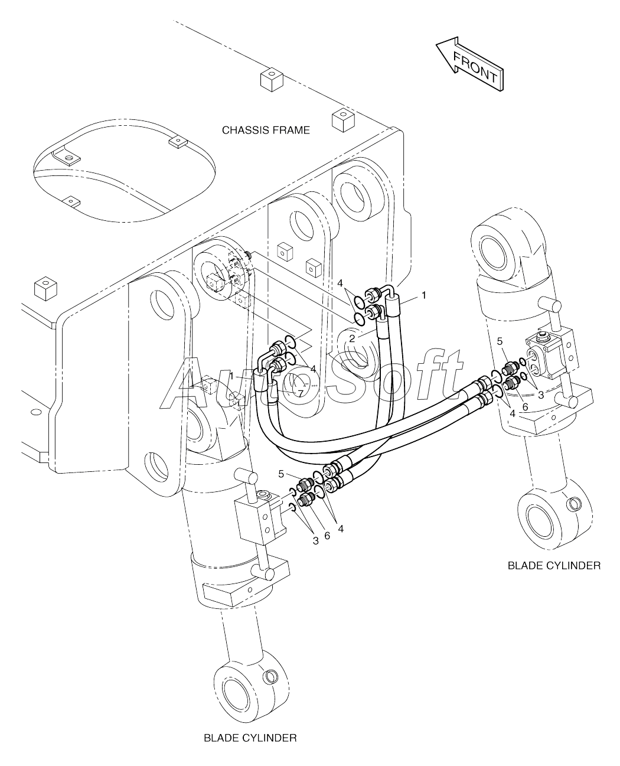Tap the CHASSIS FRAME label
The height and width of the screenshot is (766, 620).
266,130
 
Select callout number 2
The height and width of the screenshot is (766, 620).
353,338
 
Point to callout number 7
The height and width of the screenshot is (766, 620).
301,394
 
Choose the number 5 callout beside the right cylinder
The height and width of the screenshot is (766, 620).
500,341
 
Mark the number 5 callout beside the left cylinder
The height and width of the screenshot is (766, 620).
281,474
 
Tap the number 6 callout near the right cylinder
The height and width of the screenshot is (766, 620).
525,407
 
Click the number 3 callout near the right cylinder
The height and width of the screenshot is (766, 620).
541,395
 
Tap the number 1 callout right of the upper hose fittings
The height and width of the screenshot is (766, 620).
424,295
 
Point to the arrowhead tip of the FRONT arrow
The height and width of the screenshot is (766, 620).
436,44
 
